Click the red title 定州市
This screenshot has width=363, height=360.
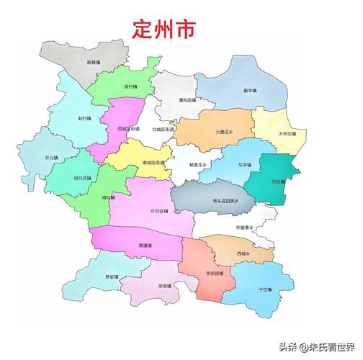(164, 29)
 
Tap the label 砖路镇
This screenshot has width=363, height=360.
(94, 63)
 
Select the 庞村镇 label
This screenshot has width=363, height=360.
(130, 86)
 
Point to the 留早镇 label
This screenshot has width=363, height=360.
(250, 91)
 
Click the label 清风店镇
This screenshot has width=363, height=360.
(187, 100)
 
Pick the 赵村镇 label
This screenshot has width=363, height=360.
(85, 117)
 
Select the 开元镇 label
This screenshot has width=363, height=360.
(51, 157)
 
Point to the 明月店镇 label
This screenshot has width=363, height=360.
(83, 177)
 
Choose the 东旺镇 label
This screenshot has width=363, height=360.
(277, 181)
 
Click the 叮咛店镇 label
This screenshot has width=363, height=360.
(158, 211)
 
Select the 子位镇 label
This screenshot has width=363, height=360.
(265, 289)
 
